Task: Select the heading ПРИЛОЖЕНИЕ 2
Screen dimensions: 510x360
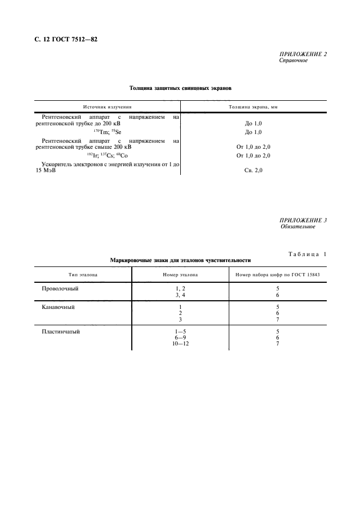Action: [x=303, y=54]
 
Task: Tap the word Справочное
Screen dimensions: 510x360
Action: [x=294, y=60]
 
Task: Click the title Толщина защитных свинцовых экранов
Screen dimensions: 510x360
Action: [x=180, y=88]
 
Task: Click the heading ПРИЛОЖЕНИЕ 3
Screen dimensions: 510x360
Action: [x=303, y=220]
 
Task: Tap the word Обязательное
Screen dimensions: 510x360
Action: [x=297, y=227]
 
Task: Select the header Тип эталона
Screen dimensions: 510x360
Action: [x=83, y=275]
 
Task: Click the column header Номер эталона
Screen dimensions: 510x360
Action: [x=180, y=275]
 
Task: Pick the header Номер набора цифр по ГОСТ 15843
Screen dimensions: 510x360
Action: [x=277, y=275]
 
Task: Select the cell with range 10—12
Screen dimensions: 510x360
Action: [x=180, y=344]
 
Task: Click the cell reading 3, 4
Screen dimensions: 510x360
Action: [x=180, y=295]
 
